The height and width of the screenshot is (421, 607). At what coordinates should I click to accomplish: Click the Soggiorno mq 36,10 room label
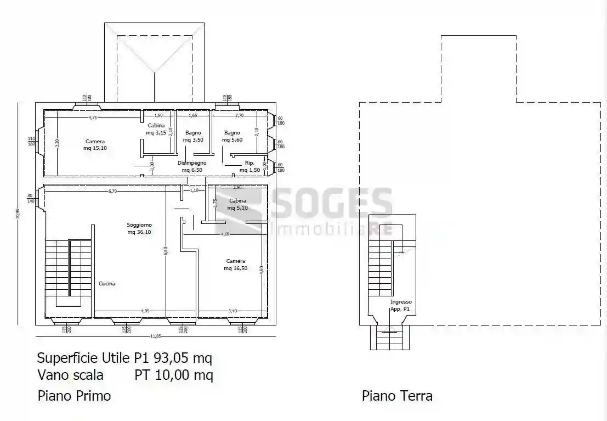pyautogui.click(x=139, y=228)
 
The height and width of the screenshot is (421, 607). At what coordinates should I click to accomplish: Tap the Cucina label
pyautogui.click(x=107, y=284)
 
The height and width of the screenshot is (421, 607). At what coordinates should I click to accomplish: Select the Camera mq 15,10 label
pyautogui.click(x=95, y=145)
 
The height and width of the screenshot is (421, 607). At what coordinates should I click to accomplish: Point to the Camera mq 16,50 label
pyautogui.click(x=235, y=265)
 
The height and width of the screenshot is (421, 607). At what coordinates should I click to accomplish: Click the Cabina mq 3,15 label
pyautogui.click(x=155, y=129)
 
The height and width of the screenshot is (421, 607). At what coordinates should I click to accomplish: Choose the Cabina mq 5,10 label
pyautogui.click(x=237, y=204)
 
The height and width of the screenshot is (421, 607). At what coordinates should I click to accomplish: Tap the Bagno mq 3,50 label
pyautogui.click(x=193, y=136)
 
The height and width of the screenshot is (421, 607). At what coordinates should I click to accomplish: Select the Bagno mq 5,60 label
pyautogui.click(x=232, y=136)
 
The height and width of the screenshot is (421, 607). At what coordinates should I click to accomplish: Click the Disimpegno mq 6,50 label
pyautogui.click(x=192, y=166)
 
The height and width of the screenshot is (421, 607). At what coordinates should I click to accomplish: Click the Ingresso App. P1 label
pyautogui.click(x=400, y=306)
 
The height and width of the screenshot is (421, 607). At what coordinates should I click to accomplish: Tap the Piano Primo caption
pyautogui.click(x=74, y=395)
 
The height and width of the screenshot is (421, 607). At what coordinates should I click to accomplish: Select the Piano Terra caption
pyautogui.click(x=397, y=395)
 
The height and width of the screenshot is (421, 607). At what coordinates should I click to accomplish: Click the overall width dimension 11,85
pyautogui.click(x=156, y=336)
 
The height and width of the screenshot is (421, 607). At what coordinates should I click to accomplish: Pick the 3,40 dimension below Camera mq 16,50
pyautogui.click(x=232, y=311)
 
